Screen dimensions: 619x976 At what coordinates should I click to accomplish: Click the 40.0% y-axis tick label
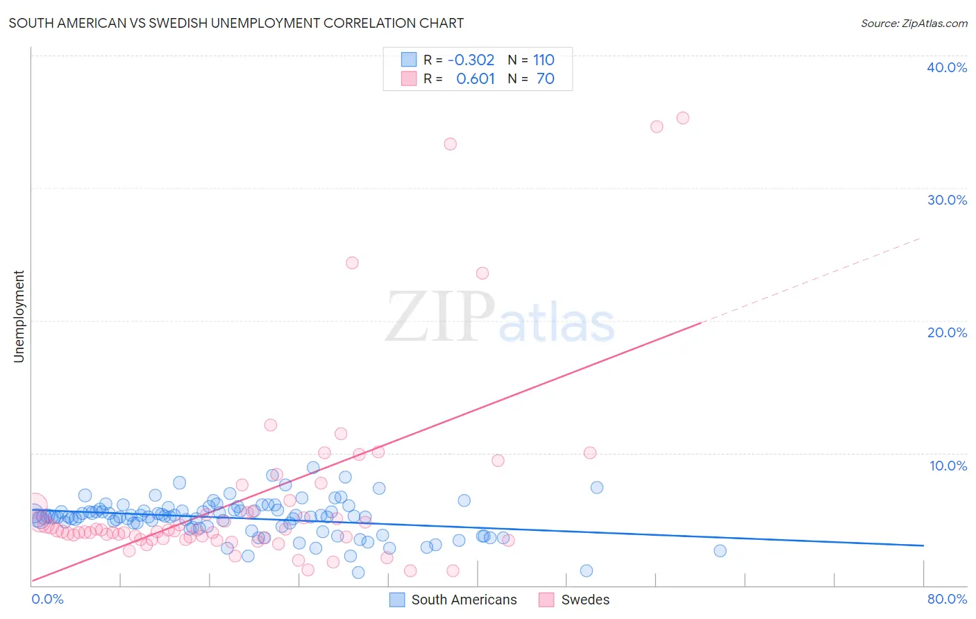click(x=947, y=67)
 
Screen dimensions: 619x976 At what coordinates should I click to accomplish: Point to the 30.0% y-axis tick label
click(x=947, y=200)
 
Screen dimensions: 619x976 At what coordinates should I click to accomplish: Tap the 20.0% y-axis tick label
click(x=947, y=332)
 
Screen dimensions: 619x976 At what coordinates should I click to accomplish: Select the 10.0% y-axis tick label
click(x=948, y=466)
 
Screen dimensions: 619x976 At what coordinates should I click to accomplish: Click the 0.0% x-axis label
click(x=47, y=599)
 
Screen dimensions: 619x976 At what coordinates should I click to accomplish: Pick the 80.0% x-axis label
click(x=947, y=599)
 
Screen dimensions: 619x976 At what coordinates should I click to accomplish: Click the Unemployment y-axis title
click(x=19, y=316)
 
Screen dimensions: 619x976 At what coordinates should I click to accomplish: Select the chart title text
click(x=236, y=23)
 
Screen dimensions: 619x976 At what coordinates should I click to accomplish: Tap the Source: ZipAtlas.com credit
click(x=914, y=23)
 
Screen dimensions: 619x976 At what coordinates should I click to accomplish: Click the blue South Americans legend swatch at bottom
click(x=397, y=600)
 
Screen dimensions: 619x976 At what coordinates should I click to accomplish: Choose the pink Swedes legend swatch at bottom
click(x=547, y=600)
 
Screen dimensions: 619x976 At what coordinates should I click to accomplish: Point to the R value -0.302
click(x=471, y=60)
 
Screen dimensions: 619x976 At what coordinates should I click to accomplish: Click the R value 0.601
click(x=475, y=78)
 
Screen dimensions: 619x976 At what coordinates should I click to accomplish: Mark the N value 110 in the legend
click(x=544, y=60)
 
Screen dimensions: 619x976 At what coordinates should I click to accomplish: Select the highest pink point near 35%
click(x=682, y=118)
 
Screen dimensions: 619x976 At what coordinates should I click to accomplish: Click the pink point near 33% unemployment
click(x=450, y=144)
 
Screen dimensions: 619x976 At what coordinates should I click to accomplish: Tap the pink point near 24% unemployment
click(x=352, y=263)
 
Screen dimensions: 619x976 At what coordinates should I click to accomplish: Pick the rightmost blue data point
click(x=720, y=551)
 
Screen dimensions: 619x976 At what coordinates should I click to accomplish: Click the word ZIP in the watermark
click(x=440, y=316)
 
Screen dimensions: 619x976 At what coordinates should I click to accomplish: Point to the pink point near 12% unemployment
click(x=271, y=425)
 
